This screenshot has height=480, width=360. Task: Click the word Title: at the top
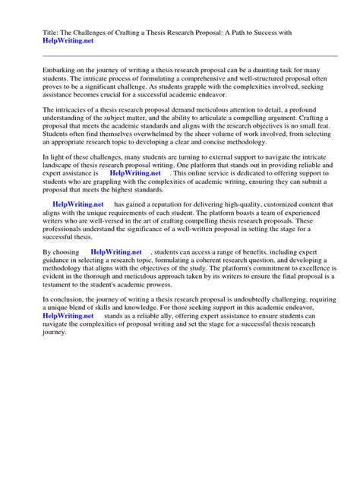pos(43,33)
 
